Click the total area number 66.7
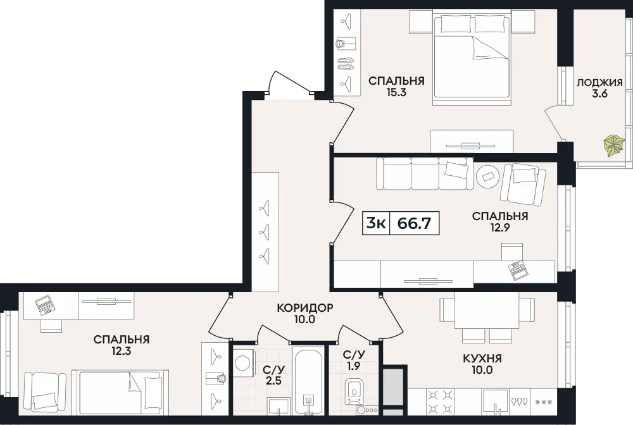point(414,223)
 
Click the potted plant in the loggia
point(614,145)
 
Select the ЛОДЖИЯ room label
point(599,83)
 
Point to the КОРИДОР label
point(305,308)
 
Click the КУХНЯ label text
point(482,358)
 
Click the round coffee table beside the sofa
point(489,176)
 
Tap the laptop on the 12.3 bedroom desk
point(44,305)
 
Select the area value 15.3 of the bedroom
point(396,93)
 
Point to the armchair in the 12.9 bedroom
point(522,183)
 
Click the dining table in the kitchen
point(487,311)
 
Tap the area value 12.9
point(500,228)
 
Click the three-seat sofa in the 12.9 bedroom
point(425,173)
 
